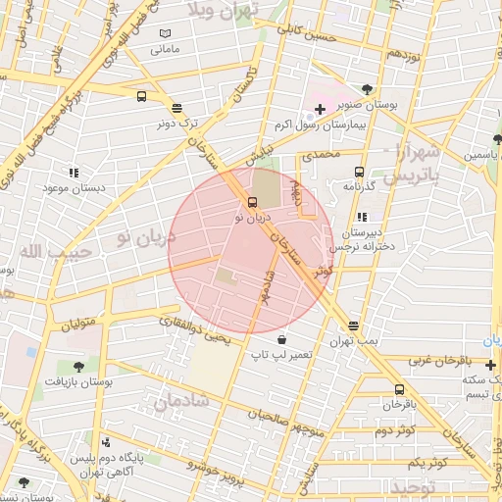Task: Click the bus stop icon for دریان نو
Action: pyautogui.click(x=253, y=202)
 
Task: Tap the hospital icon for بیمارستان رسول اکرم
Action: pyautogui.click(x=320, y=108)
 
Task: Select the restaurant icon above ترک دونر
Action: pyautogui.click(x=176, y=109)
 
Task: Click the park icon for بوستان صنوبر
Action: pyautogui.click(x=367, y=86)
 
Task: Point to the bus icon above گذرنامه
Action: pyautogui.click(x=359, y=171)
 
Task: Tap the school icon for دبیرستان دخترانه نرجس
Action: pyautogui.click(x=363, y=217)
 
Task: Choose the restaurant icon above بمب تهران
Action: pyautogui.click(x=353, y=326)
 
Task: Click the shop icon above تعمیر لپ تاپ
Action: pyautogui.click(x=281, y=338)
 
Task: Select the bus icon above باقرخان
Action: pyautogui.click(x=398, y=389)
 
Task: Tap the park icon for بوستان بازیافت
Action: pyautogui.click(x=77, y=366)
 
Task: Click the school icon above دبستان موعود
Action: pyautogui.click(x=75, y=173)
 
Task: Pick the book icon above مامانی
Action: pyautogui.click(x=165, y=32)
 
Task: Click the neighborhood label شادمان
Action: pyautogui.click(x=182, y=400)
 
